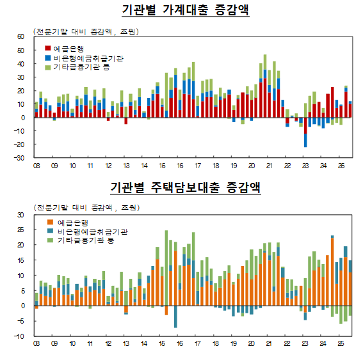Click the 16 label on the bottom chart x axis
tap(181, 343)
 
